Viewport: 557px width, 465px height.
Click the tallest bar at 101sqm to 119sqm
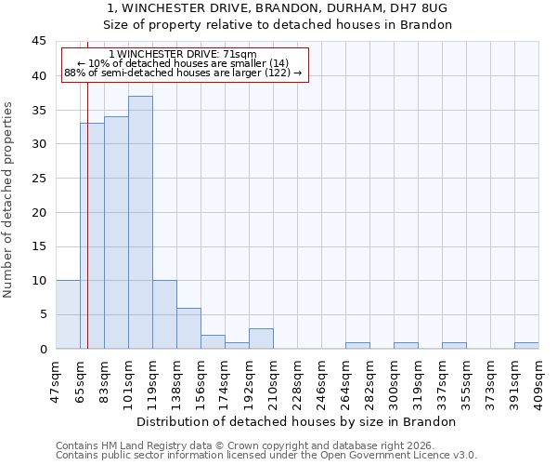140,223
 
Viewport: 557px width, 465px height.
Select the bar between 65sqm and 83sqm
92,236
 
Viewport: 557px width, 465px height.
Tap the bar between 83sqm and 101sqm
116,232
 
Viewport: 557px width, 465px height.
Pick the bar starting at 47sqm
68,314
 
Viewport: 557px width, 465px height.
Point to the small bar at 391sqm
526,345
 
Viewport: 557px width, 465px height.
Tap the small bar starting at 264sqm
357,345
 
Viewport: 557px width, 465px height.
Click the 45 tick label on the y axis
38,42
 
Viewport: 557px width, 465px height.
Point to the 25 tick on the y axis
38,179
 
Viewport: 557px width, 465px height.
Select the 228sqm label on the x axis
297,378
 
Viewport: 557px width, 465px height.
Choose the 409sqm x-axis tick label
538,378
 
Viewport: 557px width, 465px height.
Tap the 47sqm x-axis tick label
56,378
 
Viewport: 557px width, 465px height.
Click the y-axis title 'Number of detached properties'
8,200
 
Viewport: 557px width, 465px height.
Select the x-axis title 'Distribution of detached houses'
303,421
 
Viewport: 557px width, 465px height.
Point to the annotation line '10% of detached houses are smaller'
183,63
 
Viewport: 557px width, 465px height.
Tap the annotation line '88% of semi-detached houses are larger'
183,73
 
